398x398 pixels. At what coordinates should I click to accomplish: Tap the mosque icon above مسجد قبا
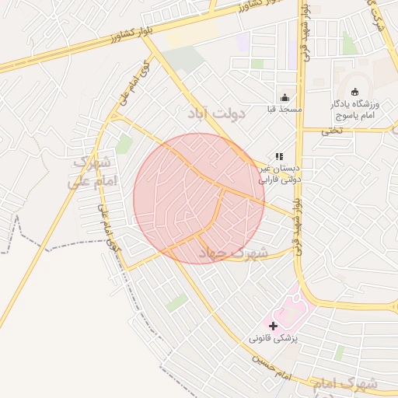(x=285, y=98)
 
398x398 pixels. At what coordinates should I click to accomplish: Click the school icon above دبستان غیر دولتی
(x=279, y=156)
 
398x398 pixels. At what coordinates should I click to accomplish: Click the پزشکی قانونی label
(x=274, y=339)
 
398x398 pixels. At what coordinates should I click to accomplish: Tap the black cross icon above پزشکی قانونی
(x=273, y=325)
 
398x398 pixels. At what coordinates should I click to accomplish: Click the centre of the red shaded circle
(x=199, y=198)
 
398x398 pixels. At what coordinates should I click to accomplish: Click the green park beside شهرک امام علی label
(x=124, y=144)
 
